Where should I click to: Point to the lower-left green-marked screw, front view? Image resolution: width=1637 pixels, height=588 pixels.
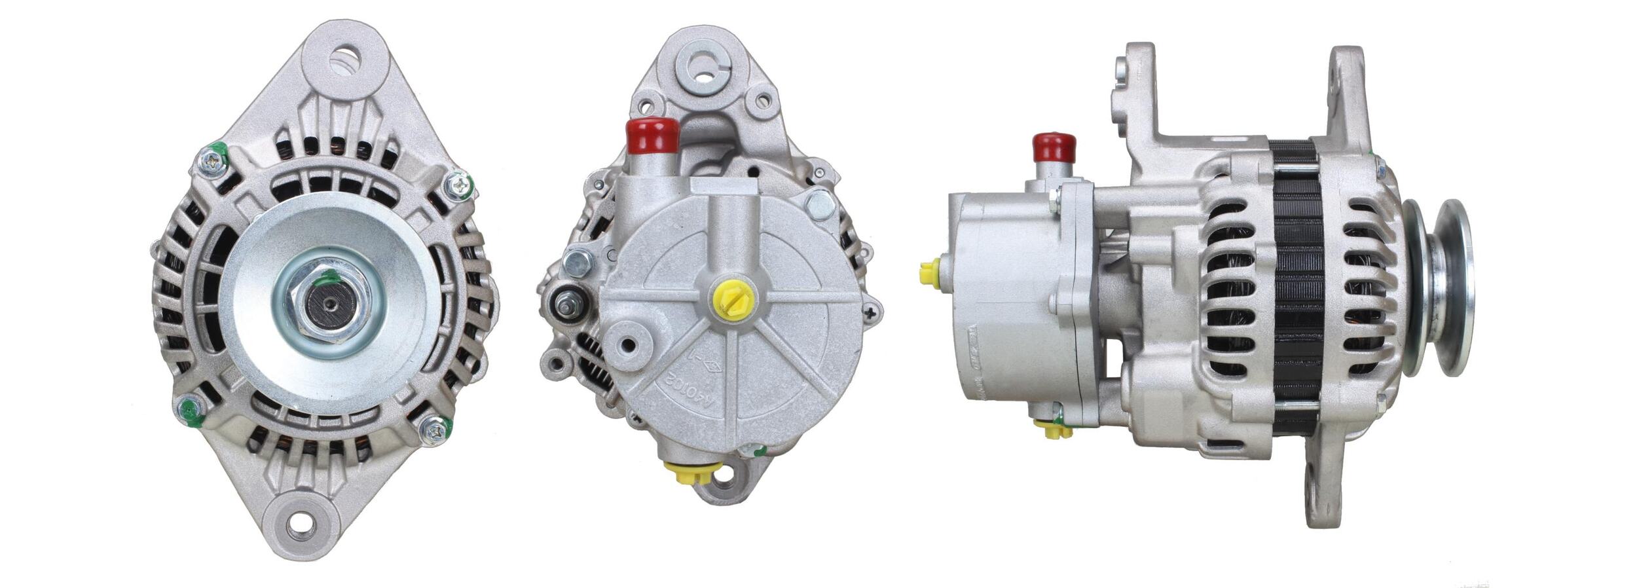188,409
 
